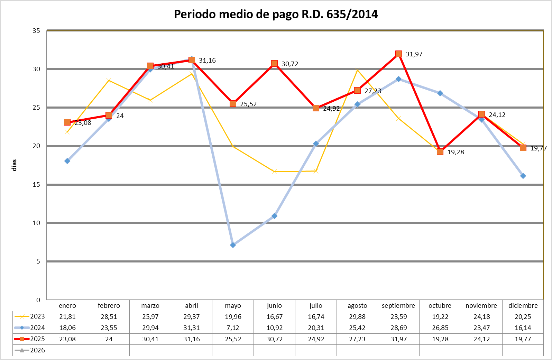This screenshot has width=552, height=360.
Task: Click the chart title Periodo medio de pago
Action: [276, 15]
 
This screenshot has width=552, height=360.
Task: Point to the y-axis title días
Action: [14, 165]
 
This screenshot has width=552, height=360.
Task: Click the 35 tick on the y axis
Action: [36, 31]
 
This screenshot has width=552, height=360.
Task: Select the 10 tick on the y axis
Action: [36, 223]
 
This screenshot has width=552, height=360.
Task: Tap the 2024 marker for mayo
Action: [233, 245]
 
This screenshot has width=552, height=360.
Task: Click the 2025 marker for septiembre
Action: [398, 54]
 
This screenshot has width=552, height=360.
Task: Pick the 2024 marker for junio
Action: [274, 216]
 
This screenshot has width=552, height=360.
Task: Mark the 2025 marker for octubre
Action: [440, 151]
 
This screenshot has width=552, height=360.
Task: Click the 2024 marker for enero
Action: [67, 161]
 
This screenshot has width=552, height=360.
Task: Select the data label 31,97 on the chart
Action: [414, 54]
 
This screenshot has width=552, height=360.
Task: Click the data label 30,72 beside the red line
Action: [290, 64]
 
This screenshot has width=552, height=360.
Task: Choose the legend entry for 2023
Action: [30, 316]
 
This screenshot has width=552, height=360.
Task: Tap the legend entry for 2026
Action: [30, 350]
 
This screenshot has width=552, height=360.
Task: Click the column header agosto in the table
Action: [357, 306]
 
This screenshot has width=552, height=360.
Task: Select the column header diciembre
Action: [523, 306]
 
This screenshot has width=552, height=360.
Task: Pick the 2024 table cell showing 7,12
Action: [233, 328]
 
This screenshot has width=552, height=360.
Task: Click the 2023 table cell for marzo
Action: [150, 316]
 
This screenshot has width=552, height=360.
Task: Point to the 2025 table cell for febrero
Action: [109, 339]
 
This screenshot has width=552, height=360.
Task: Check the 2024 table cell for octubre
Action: [440, 328]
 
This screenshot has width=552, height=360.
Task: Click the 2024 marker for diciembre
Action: [523, 176]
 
